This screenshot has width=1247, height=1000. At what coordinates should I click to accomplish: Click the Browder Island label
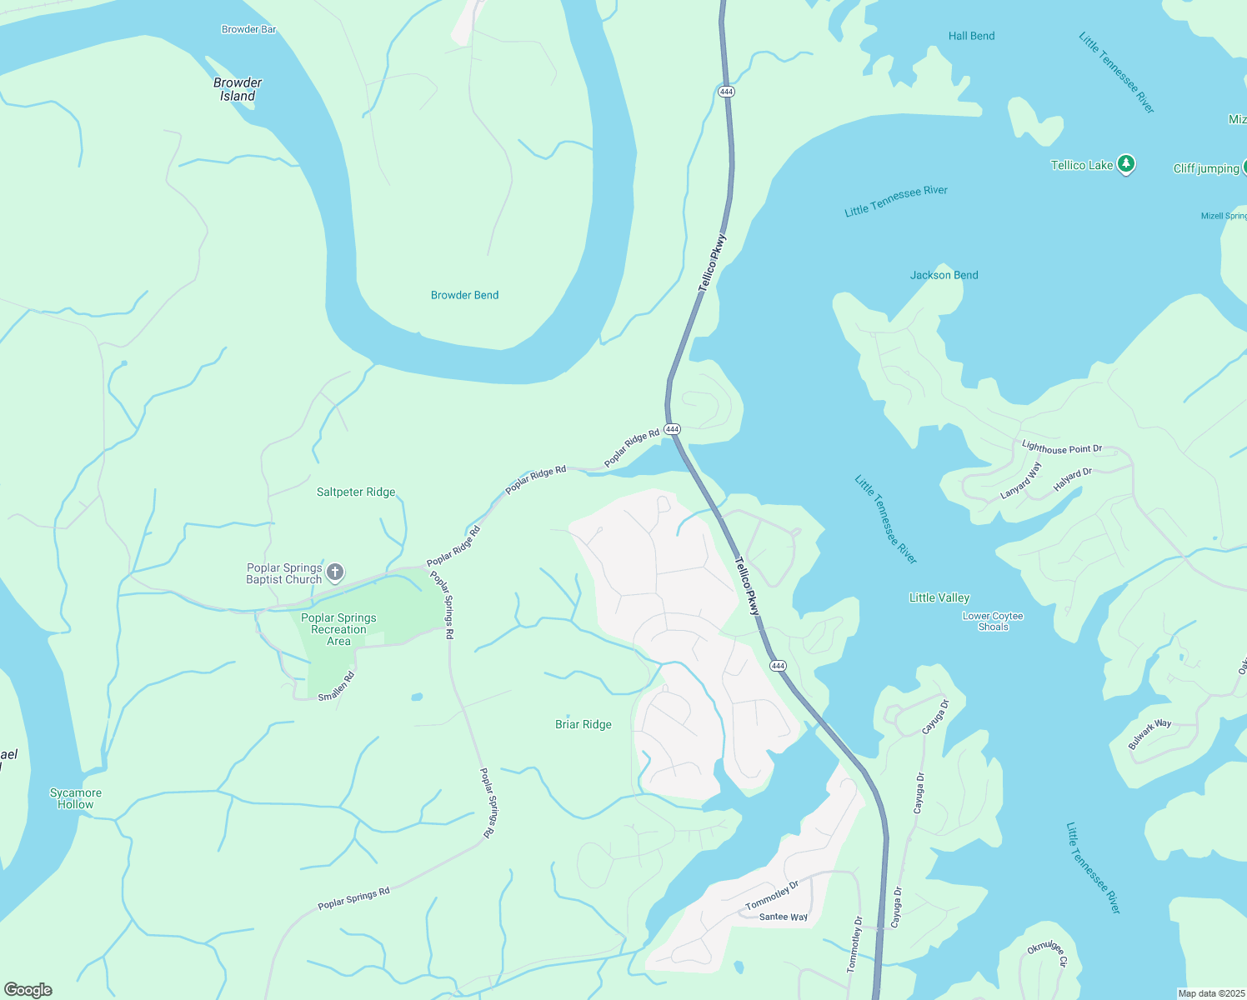coord(238,89)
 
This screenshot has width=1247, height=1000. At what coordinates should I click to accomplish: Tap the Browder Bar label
coord(248,29)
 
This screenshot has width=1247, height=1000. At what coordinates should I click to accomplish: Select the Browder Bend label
coord(464,295)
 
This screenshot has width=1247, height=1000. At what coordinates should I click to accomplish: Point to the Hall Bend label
coord(971,36)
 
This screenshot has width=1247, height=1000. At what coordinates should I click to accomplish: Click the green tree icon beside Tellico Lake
coord(1126,164)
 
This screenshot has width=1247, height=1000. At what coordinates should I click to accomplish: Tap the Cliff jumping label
coord(1205,168)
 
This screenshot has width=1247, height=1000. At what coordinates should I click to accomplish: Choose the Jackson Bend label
coord(944,275)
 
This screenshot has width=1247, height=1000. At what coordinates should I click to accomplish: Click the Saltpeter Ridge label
coord(356,492)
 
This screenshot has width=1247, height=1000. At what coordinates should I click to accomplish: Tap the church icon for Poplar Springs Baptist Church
coord(335,572)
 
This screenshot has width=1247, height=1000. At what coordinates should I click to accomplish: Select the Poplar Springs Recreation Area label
coord(338,629)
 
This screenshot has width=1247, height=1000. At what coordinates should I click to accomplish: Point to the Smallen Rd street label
coord(337,687)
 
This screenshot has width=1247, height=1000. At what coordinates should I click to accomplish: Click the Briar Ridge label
coord(583,724)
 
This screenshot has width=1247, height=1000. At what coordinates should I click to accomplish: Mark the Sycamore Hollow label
coord(76,798)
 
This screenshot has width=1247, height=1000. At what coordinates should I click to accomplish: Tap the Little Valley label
coord(939,597)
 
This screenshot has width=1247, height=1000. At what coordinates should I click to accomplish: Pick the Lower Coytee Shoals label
coord(993,622)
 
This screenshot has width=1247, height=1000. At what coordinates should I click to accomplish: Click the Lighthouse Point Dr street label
coord(1062,448)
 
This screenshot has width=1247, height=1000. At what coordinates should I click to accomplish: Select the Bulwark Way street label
coord(1149,734)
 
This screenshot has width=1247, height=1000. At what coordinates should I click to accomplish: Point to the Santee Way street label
coord(783,917)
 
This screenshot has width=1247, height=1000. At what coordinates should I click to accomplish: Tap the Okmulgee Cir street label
coord(1047,953)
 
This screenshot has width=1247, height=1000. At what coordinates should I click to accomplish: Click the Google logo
coord(28,990)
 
